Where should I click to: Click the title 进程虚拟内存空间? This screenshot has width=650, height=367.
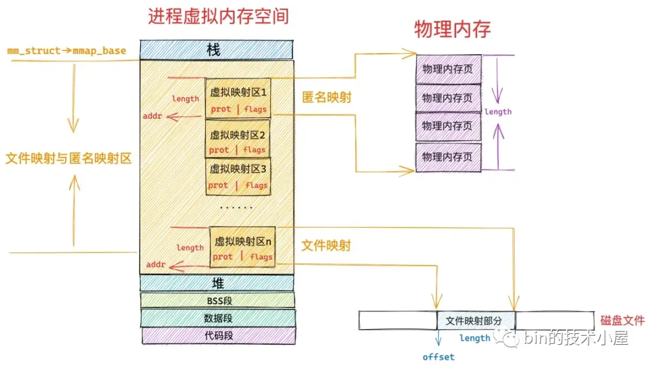[x=218, y=16]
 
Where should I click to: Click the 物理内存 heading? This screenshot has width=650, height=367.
[x=452, y=29]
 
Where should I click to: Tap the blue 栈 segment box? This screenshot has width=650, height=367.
[x=217, y=50]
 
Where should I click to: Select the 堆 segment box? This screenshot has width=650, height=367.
[x=217, y=283]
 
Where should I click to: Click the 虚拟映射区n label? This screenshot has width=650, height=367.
[x=243, y=240]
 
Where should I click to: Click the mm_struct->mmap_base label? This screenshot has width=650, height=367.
[x=67, y=51]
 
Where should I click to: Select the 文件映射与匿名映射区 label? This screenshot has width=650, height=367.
[x=68, y=158]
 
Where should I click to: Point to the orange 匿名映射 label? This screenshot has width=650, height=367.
[x=326, y=97]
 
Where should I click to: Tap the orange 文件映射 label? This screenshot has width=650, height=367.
[x=326, y=245]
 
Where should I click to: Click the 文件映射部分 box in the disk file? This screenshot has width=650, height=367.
[x=476, y=321]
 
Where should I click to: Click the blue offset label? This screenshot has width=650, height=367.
[x=439, y=357]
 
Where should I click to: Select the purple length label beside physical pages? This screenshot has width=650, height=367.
[x=498, y=111]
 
